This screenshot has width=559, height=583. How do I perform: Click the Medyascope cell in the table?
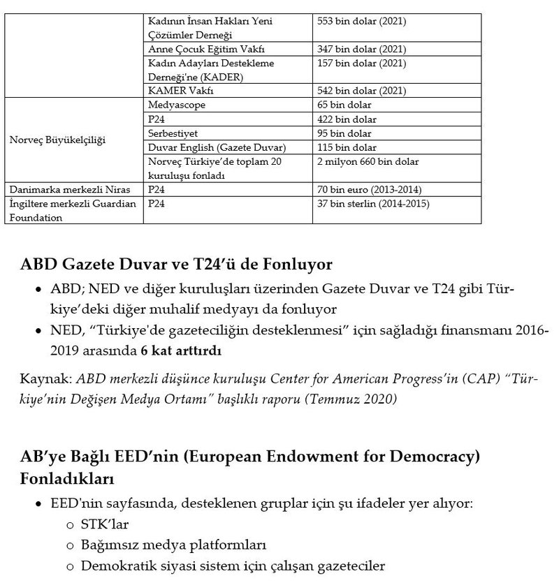pyautogui.click(x=177, y=105)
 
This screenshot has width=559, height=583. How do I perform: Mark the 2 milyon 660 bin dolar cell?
pyautogui.click(x=368, y=161)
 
